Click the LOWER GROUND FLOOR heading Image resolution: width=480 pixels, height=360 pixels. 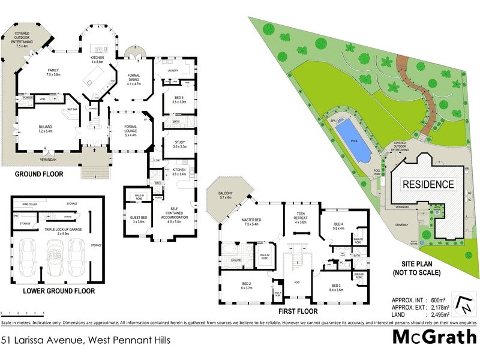pyautogui.click(x=59, y=291)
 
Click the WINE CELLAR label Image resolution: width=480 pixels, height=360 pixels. pyautogui.click(x=31, y=205)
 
